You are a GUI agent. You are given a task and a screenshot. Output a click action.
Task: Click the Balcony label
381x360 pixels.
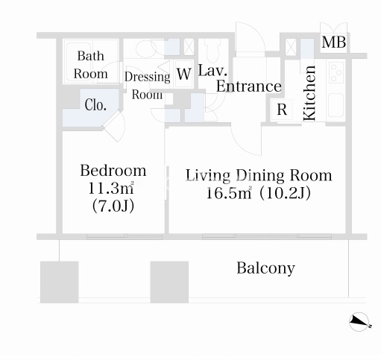click(x=265, y=268)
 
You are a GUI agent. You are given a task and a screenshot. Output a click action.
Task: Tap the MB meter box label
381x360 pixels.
click(x=334, y=42)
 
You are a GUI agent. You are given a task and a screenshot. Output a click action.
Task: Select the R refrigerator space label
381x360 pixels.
click(x=282, y=110)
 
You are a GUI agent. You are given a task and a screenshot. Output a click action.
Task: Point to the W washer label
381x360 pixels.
click(x=184, y=74)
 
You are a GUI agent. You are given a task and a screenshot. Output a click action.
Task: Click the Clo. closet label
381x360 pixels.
click(x=95, y=105)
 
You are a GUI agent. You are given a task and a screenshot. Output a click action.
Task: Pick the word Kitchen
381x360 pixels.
click(x=309, y=93)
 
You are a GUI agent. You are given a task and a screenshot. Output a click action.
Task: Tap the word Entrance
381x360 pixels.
click(x=249, y=86)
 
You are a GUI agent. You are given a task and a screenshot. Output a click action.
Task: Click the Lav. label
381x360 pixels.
click(x=212, y=70)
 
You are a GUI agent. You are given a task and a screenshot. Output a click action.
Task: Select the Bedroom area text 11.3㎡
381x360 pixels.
click(x=111, y=189)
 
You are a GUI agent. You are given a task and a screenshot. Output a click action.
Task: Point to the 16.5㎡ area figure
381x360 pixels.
click(x=229, y=193)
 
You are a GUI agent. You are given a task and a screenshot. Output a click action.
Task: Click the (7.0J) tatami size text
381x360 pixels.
click(x=113, y=206)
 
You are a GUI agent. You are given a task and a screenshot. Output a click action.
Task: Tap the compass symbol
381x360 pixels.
click(x=359, y=322)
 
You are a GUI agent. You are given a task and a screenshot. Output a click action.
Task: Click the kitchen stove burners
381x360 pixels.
click(x=336, y=72)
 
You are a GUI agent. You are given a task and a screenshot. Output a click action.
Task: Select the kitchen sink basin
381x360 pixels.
click(x=336, y=105)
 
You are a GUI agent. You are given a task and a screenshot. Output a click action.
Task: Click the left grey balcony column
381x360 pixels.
click(x=60, y=282)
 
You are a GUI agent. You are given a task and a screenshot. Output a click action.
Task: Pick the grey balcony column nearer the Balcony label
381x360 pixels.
click(x=169, y=282)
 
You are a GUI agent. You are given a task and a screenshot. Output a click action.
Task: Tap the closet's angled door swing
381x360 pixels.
click(x=115, y=127)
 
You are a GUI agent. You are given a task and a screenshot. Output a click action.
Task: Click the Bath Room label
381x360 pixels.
click(x=91, y=65)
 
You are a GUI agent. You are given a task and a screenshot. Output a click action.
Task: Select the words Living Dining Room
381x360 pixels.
click(x=259, y=175)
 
